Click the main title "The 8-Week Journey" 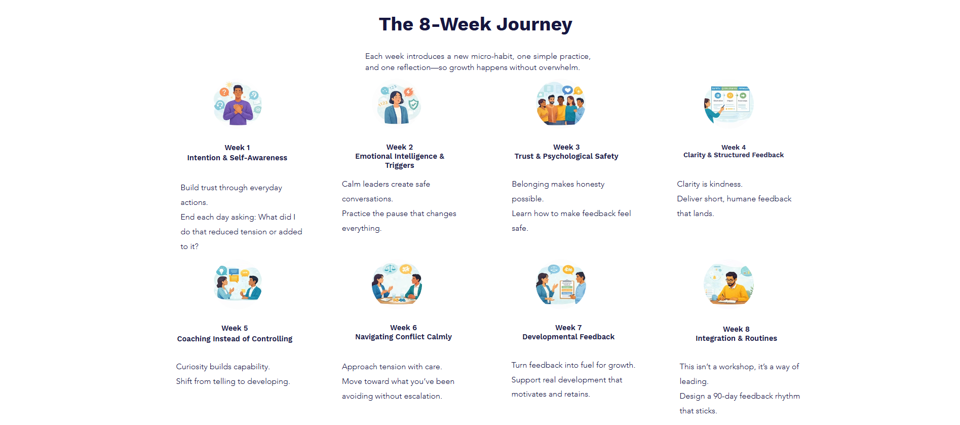(475, 24)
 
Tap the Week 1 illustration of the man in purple (237, 104)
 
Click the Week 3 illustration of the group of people (561, 104)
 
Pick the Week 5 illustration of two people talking (237, 284)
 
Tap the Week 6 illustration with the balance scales (397, 284)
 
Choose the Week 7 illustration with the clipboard (561, 284)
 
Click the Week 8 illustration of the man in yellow (728, 284)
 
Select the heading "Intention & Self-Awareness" (237, 158)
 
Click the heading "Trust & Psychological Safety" (566, 156)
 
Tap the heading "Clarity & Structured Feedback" (733, 155)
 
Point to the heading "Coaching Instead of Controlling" (235, 339)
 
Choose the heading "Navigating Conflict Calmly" (403, 337)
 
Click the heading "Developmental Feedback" (568, 337)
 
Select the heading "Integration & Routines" (736, 338)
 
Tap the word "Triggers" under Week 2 (399, 165)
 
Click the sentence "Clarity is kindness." (709, 184)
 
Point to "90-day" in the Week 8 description (725, 396)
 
